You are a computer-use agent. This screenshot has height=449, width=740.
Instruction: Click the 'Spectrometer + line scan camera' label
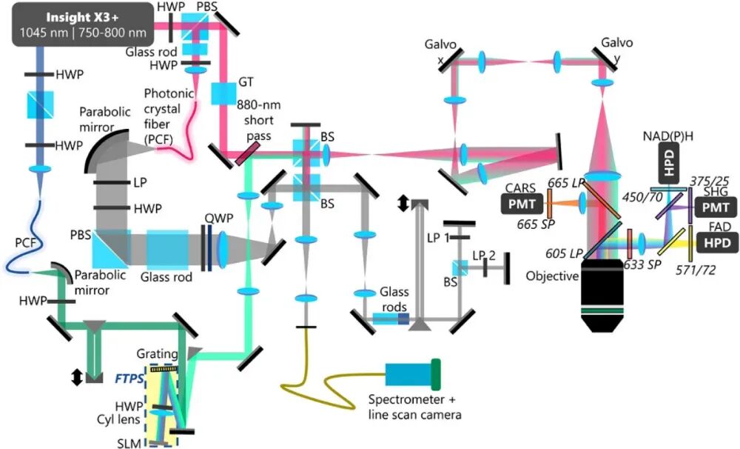click(414, 408)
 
